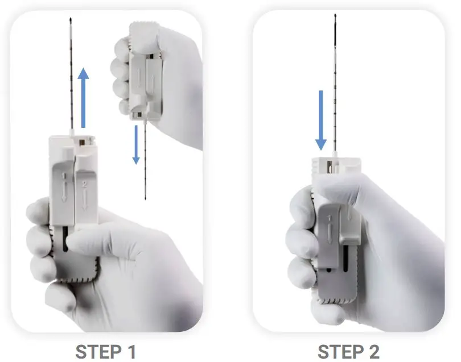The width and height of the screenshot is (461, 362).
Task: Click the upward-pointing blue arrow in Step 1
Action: point(84,97)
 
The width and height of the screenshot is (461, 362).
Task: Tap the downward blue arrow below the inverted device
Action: point(136,144)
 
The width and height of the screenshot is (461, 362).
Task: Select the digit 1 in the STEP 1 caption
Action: point(130,351)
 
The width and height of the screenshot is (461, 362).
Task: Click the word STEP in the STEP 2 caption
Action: point(336,351)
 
